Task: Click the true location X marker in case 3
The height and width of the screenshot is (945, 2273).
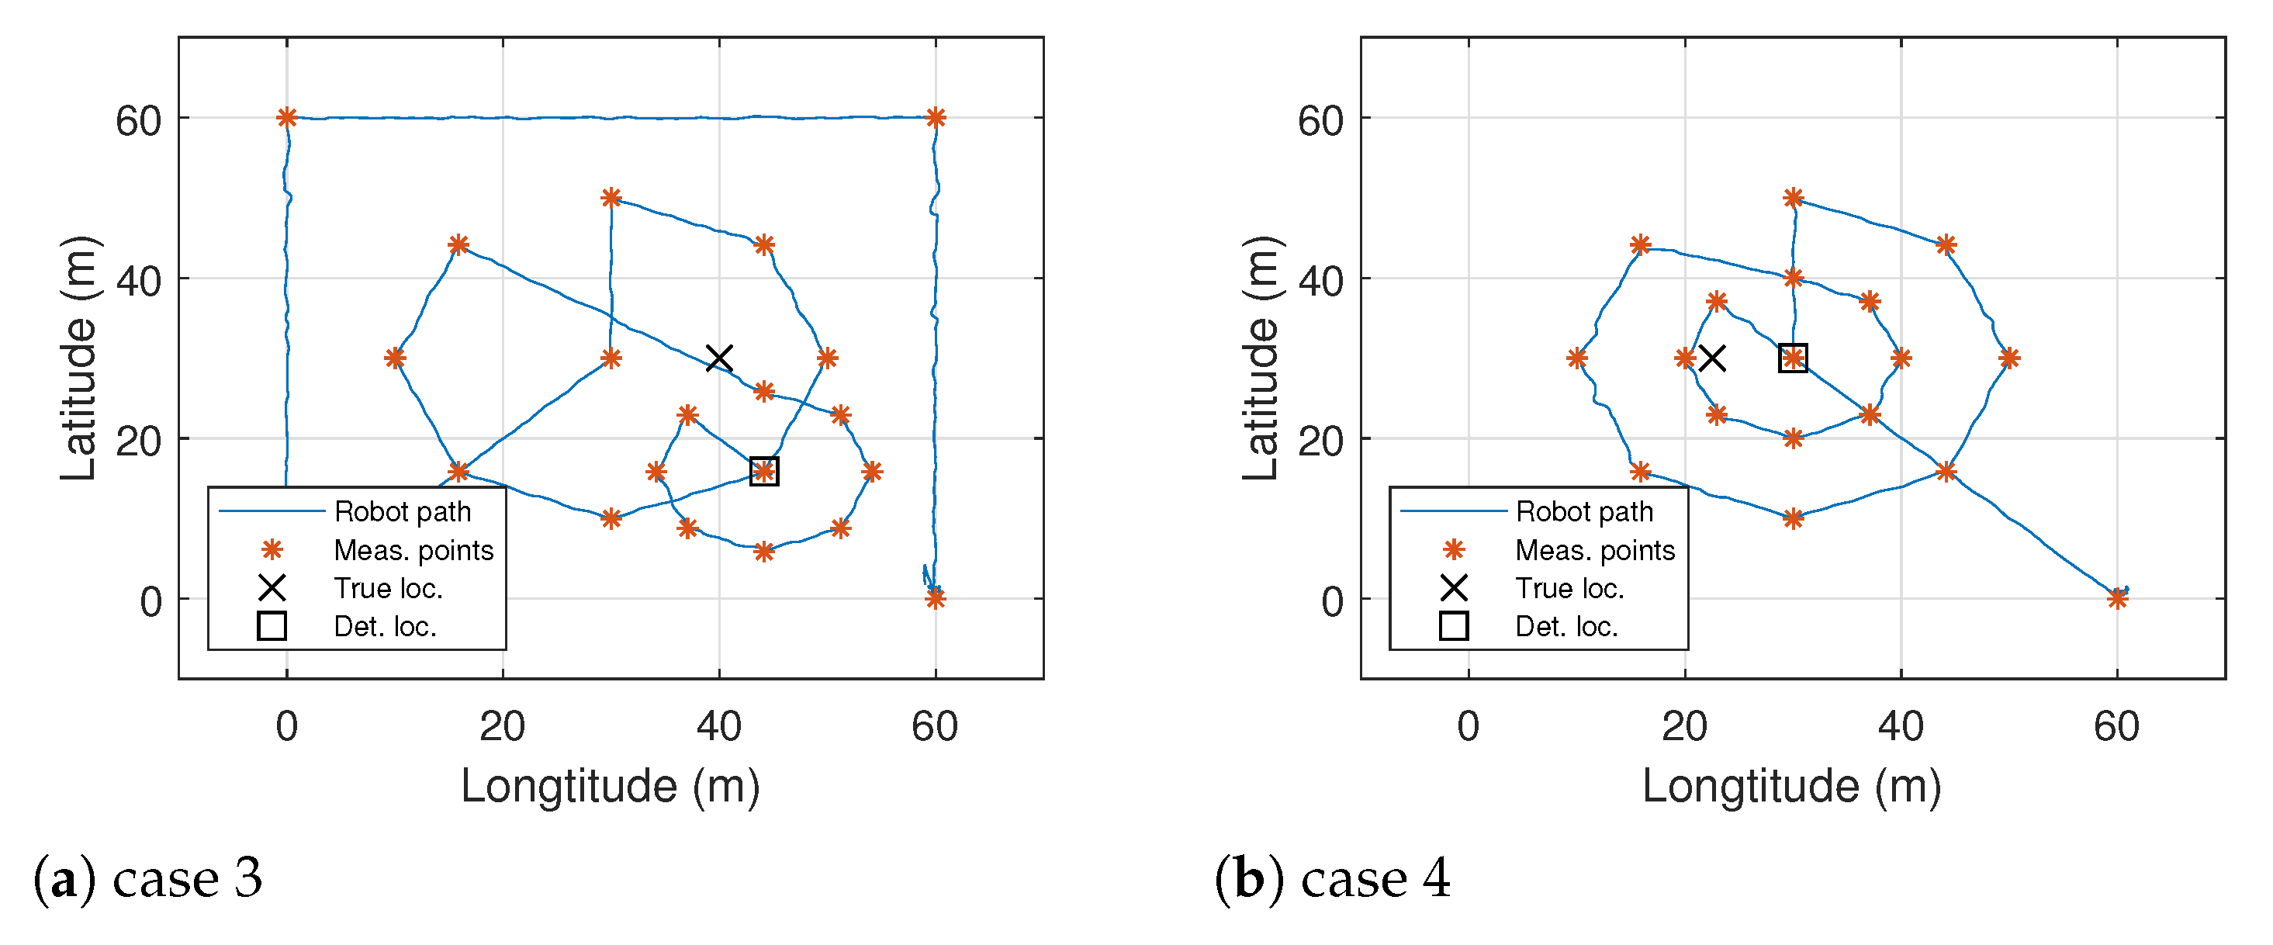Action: point(719,358)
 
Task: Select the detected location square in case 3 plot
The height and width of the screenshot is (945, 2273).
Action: point(764,471)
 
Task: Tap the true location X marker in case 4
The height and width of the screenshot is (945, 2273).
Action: point(1712,358)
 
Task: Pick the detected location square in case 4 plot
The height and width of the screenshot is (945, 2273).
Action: point(1793,358)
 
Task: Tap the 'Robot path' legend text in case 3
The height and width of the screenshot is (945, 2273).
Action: point(403,512)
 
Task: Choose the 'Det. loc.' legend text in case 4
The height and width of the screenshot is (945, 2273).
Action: point(1566,626)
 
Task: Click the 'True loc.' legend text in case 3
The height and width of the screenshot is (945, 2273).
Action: point(388,589)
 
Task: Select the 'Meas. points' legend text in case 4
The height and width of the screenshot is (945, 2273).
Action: point(1594,551)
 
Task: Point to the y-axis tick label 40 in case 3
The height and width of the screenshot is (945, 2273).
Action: point(139,282)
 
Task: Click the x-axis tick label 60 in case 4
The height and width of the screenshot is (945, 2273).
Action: point(2116,727)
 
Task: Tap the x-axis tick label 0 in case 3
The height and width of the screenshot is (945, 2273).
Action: point(287,727)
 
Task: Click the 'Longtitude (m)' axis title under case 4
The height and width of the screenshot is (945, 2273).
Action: point(1791,785)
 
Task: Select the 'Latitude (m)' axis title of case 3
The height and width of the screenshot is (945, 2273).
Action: point(79,358)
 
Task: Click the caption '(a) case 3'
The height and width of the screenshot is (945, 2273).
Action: point(148,879)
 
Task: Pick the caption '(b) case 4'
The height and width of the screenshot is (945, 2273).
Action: point(1333,879)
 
